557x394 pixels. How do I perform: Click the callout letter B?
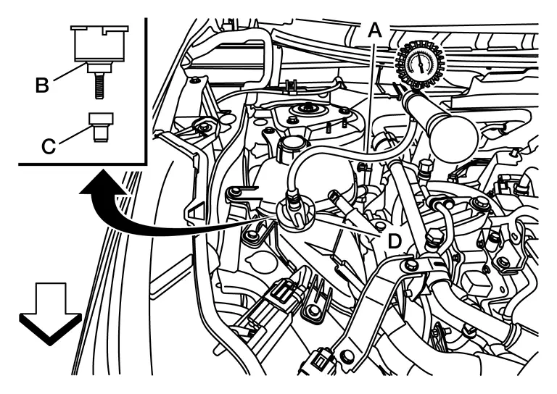point(42,85)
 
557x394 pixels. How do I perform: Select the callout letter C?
point(49,146)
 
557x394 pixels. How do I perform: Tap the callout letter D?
point(394,241)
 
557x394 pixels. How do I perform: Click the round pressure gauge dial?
point(420,64)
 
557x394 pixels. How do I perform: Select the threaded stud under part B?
point(99,85)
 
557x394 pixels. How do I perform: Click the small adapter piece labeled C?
point(101,127)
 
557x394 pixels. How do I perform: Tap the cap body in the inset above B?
point(99,43)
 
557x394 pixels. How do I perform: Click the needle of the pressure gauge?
point(420,63)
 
